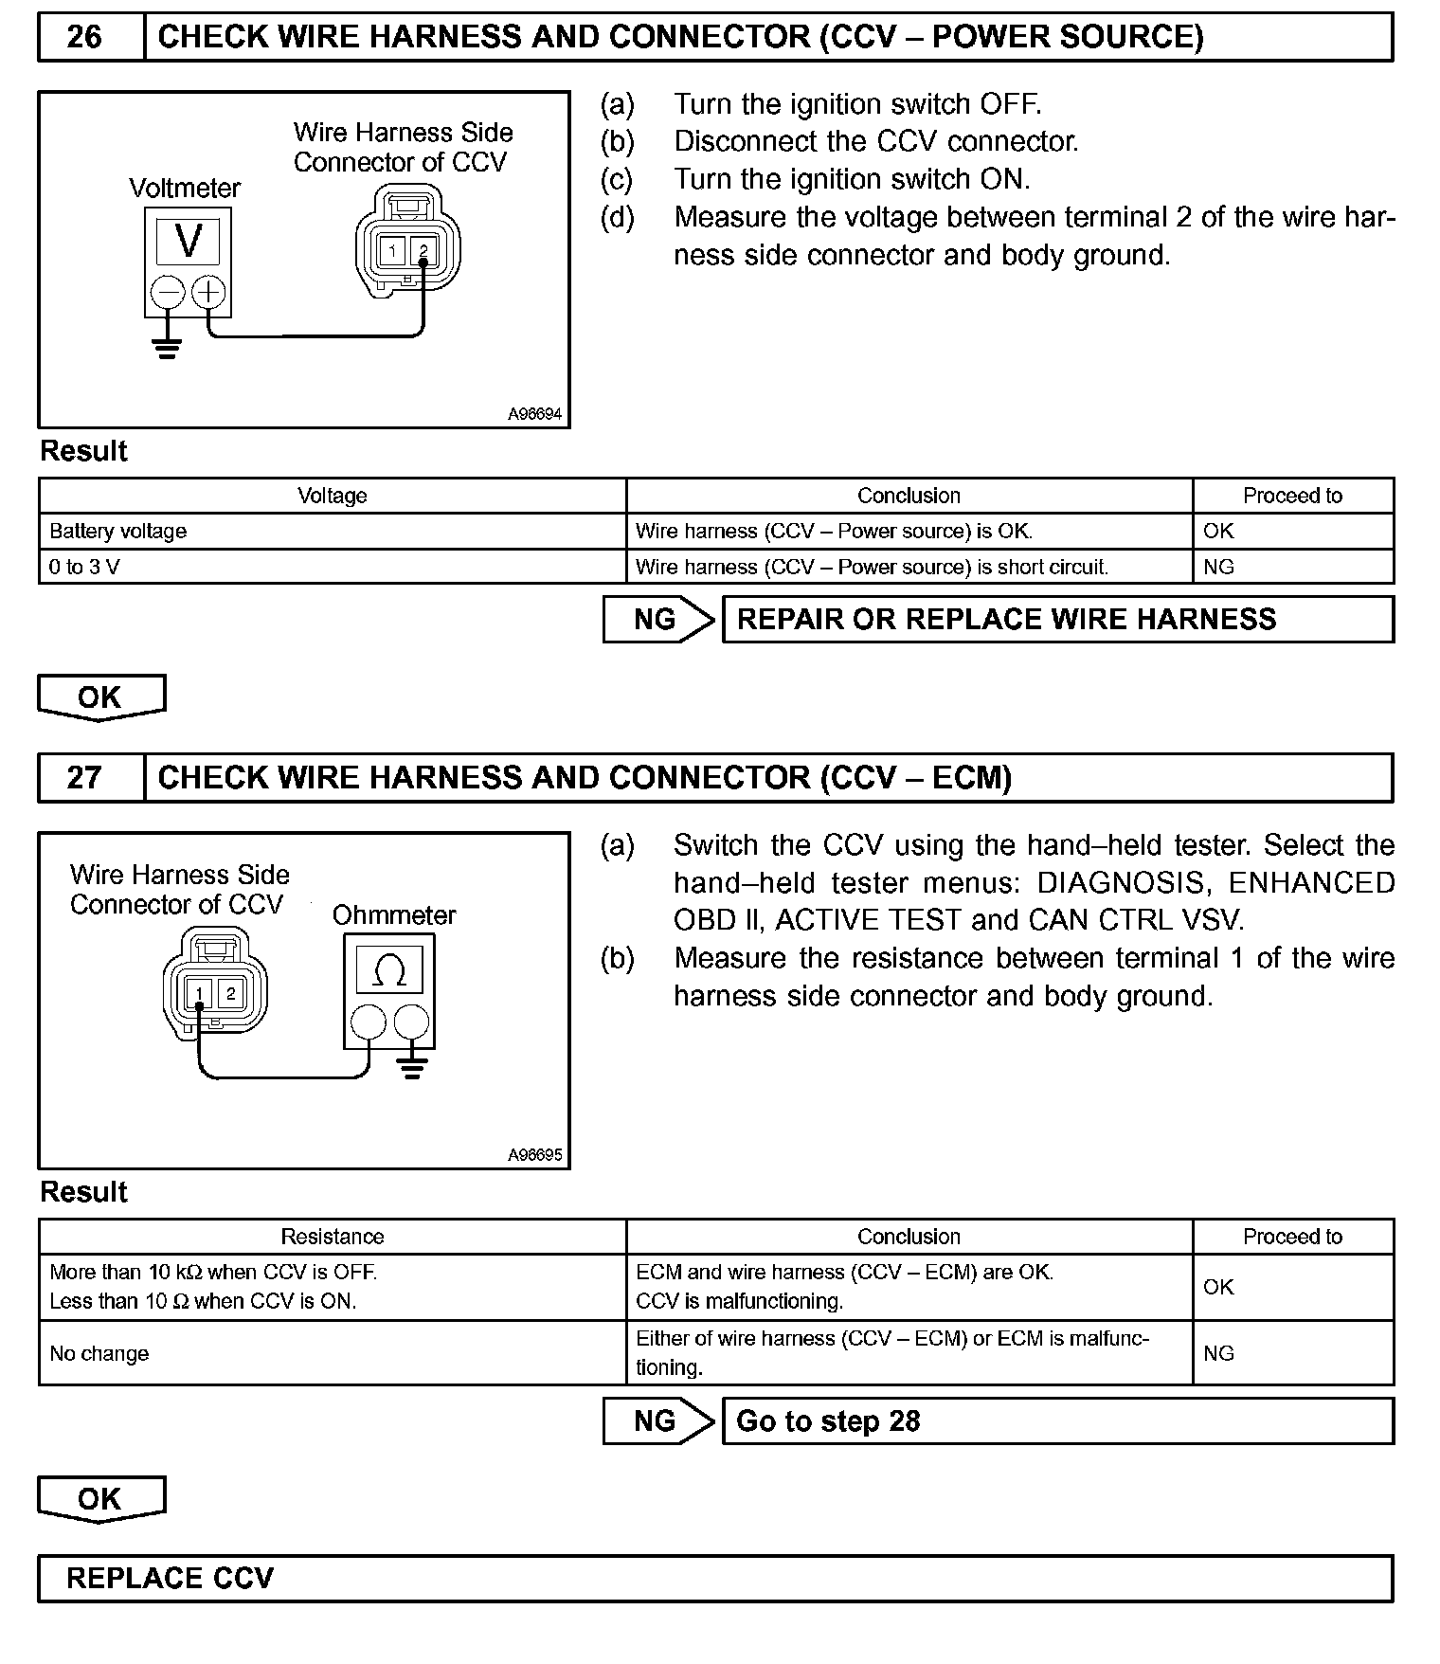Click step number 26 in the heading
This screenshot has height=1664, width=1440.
click(x=84, y=37)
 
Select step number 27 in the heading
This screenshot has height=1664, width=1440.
click(x=84, y=778)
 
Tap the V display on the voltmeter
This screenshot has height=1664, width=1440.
click(x=189, y=241)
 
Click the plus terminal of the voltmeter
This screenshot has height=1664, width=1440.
click(x=209, y=292)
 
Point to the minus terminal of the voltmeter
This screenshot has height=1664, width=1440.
click(x=168, y=292)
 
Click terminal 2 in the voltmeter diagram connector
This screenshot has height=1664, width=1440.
click(x=423, y=251)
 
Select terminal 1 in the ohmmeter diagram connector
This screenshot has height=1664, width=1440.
click(x=199, y=993)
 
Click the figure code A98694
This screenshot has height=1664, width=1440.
click(x=534, y=414)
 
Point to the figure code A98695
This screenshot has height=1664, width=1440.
click(x=534, y=1155)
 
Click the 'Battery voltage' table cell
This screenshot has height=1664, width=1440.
click(x=118, y=532)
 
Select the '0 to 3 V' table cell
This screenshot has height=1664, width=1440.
click(x=85, y=568)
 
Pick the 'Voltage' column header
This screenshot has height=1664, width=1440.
click(x=332, y=496)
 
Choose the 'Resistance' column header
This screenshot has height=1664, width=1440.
click(x=332, y=1237)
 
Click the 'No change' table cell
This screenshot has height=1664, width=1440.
click(x=99, y=1354)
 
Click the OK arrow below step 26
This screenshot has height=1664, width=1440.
click(x=101, y=697)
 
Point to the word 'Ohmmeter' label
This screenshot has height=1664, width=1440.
click(x=394, y=915)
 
